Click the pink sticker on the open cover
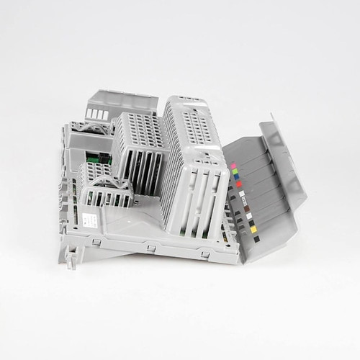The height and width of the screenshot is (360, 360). [x=233, y=166]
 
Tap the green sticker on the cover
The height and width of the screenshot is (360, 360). [x=235, y=172]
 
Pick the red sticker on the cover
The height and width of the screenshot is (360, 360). [x=239, y=184]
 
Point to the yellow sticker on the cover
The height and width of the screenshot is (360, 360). [x=253, y=229]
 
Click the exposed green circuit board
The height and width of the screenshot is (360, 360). [x=94, y=156]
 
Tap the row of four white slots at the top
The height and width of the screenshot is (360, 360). [x=98, y=114]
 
